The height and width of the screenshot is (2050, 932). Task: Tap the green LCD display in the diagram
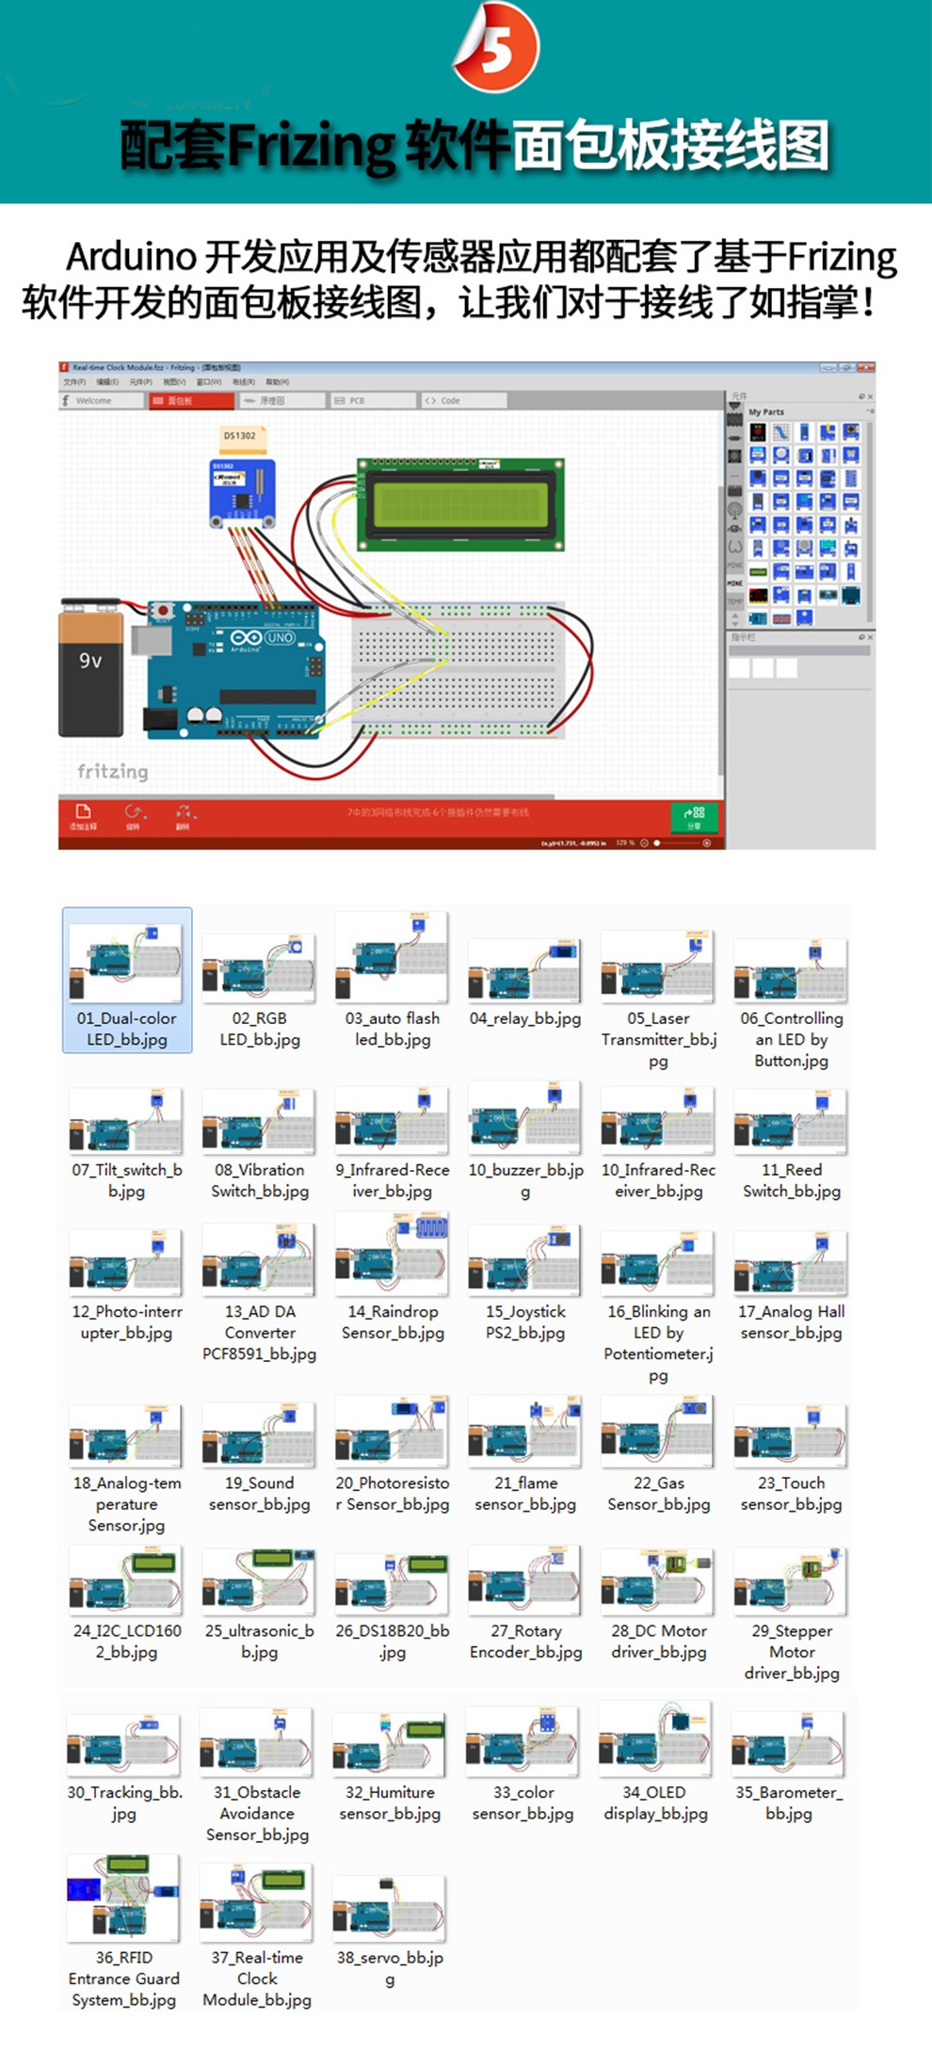[x=460, y=504]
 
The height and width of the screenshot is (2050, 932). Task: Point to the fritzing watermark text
[x=113, y=772]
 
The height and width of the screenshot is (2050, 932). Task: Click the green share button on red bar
[x=694, y=816]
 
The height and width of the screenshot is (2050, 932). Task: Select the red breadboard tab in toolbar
[x=191, y=401]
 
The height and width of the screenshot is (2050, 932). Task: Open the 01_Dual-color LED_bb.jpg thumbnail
[x=126, y=964]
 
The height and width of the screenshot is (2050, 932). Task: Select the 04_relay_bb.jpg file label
[x=525, y=1018]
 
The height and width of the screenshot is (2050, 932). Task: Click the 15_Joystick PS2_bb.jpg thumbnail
[x=525, y=1262]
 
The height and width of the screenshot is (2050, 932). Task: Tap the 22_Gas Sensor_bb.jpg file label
[x=659, y=1494]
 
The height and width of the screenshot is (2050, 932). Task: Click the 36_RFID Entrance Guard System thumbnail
[x=123, y=1898]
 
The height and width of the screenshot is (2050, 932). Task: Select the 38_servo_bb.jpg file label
[x=390, y=1967]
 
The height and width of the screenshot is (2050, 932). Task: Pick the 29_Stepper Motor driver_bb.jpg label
[x=792, y=1652]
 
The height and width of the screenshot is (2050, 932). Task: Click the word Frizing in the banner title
[x=312, y=146]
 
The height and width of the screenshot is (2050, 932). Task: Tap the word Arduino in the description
[x=131, y=257]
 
